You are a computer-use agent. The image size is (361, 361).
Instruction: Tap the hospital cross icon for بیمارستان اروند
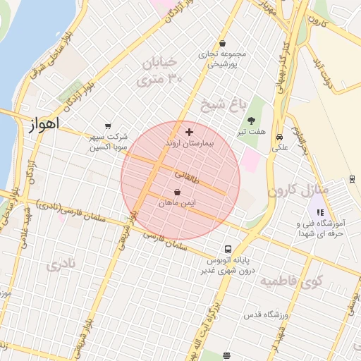[x=189, y=132]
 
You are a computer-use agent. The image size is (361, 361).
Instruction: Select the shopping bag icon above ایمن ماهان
[x=176, y=192]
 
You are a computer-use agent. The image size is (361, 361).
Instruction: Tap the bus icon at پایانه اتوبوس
[x=227, y=249]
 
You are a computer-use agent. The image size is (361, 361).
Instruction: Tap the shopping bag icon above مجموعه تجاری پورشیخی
[x=222, y=42]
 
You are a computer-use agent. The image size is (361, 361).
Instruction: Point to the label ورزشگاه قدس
[x=263, y=314]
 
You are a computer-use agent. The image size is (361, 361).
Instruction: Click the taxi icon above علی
[x=280, y=137]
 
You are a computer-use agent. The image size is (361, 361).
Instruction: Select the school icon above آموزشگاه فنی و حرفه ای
[x=320, y=212]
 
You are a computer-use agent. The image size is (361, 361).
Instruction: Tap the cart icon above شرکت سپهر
[x=107, y=126]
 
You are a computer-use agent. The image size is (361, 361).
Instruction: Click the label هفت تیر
[x=251, y=132]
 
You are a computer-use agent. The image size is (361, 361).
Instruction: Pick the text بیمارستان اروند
[x=188, y=142]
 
